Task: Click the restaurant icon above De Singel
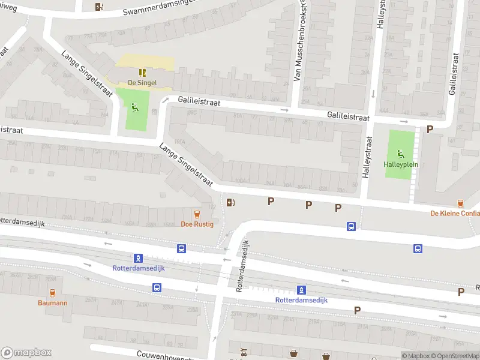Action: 142,73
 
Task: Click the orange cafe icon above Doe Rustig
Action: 196,214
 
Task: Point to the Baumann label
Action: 52,303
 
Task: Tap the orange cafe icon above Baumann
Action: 52,293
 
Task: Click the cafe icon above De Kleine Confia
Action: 461,203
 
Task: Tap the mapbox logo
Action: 27,352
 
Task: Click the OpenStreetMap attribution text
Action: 454,356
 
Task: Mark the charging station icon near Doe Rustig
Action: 231,202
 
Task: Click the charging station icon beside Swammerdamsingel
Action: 100,7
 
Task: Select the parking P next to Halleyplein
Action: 430,129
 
